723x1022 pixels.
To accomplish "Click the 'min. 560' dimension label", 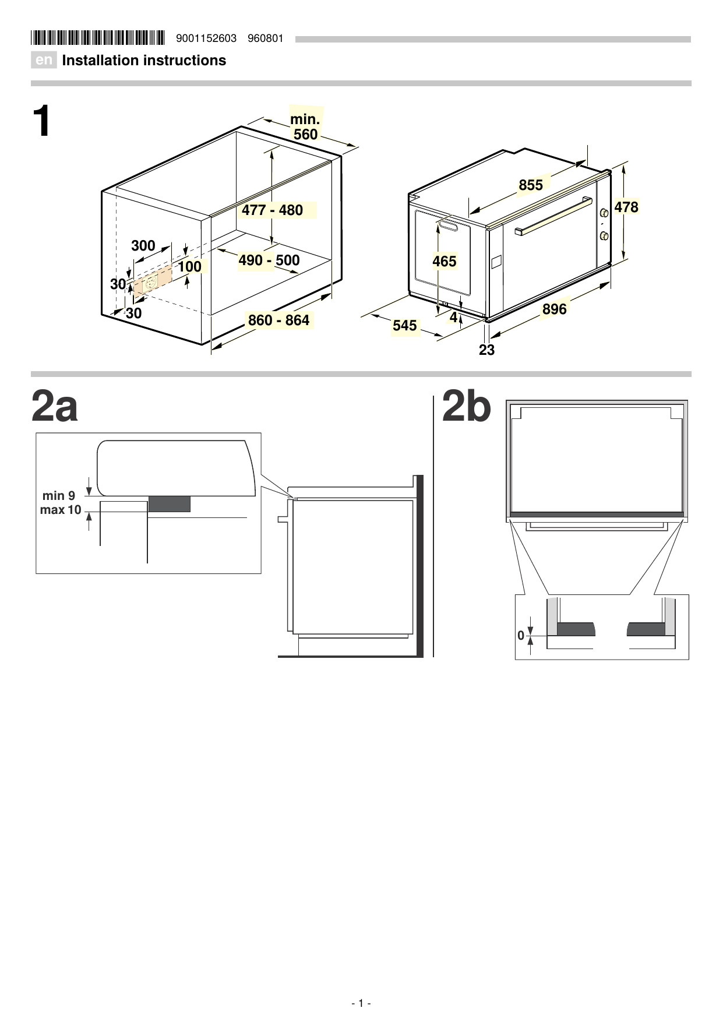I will [x=305, y=127].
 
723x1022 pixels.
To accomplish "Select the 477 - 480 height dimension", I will [x=273, y=210].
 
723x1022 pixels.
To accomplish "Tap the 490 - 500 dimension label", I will [x=269, y=260].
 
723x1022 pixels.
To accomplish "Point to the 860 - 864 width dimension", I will [x=278, y=320].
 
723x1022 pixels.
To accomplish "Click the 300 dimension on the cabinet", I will [x=143, y=246].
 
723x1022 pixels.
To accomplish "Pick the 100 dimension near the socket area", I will [x=189, y=267].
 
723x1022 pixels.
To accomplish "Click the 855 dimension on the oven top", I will [x=531, y=185].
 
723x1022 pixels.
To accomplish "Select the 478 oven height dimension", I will [x=626, y=207].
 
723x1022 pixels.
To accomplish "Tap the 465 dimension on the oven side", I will [x=445, y=262].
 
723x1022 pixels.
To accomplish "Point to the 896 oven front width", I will [x=554, y=309].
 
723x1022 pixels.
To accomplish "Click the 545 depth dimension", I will [x=405, y=325].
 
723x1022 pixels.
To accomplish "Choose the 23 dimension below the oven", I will [x=486, y=350].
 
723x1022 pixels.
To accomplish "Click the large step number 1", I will [x=41, y=122].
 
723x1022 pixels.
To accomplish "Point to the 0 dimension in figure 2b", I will [x=521, y=636].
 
